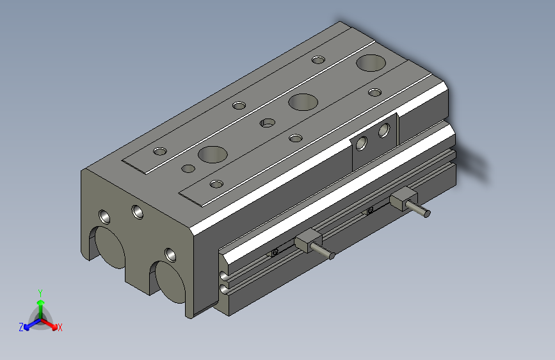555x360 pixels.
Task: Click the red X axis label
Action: (60, 328)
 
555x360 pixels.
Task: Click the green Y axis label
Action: (40, 292)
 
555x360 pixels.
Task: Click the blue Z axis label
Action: (21, 327)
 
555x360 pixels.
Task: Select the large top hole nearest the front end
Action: (213, 154)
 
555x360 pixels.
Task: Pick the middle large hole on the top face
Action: (303, 101)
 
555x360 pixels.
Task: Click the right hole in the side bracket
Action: (384, 131)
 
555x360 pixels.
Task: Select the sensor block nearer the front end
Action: (309, 241)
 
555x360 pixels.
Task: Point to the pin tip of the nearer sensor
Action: (332, 256)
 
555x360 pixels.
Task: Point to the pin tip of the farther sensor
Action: (427, 213)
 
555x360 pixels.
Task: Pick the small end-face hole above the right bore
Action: (170, 254)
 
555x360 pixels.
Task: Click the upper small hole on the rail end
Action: (223, 276)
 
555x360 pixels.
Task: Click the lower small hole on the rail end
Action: (223, 290)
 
